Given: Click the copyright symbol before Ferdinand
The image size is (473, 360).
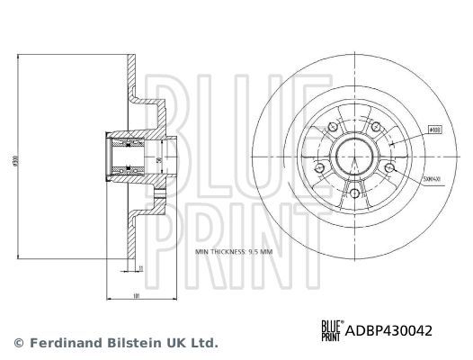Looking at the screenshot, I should click(x=19, y=343).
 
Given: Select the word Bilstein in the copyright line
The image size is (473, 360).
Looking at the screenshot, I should click(x=135, y=343).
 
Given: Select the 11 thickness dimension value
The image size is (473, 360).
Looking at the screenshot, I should click(x=140, y=265).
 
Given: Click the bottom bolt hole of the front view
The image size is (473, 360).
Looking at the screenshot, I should click(x=353, y=193).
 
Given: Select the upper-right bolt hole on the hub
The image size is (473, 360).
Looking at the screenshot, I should click(x=375, y=129).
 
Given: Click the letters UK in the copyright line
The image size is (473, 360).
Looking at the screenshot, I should click(x=180, y=343).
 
